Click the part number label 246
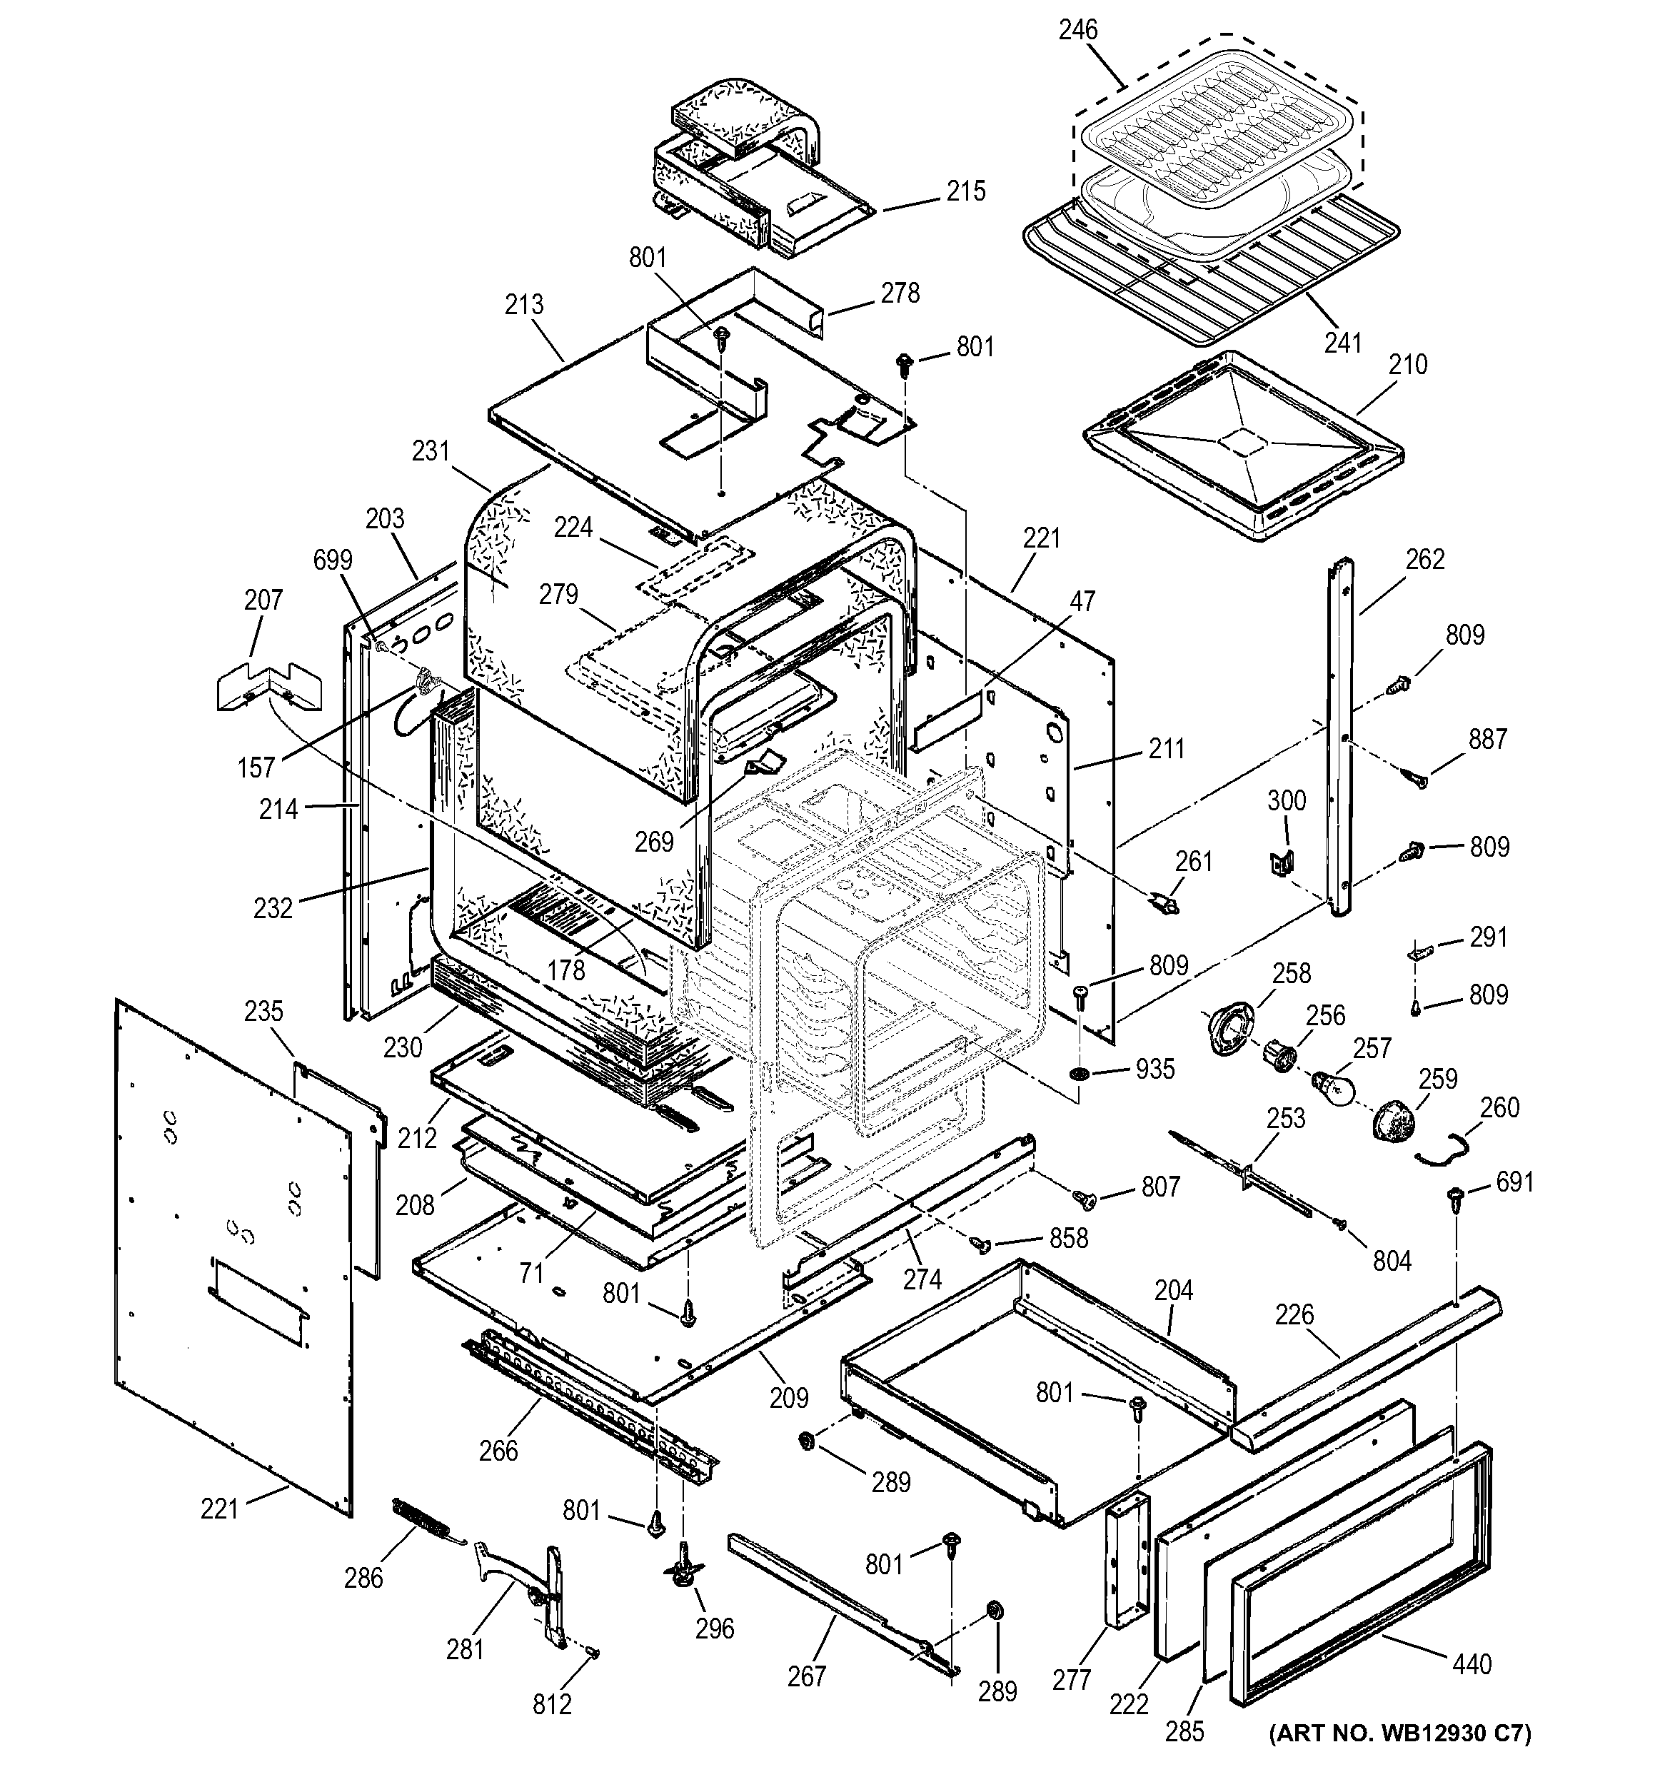[1077, 30]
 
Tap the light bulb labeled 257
[1332, 1087]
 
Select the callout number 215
[966, 191]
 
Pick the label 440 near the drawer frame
[1472, 1663]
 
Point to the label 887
[1488, 739]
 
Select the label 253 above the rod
[1286, 1118]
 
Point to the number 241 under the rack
[1343, 342]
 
